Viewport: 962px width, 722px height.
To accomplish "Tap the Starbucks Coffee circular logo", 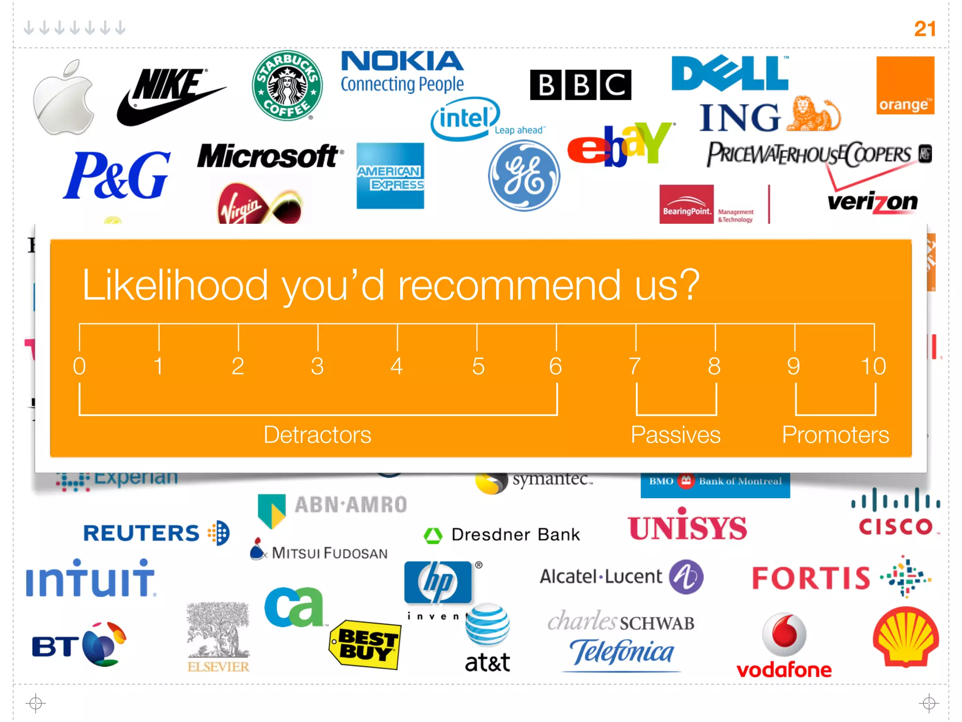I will pos(287,86).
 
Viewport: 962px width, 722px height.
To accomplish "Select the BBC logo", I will pos(581,85).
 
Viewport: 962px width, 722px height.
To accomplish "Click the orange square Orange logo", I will pos(905,86).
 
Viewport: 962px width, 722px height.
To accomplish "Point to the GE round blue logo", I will pos(524,176).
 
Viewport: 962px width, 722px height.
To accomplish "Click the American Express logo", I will pos(390,176).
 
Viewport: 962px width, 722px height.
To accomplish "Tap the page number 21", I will pos(924,29).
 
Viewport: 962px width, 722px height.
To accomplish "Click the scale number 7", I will pos(635,366).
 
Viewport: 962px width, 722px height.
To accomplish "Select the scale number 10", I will pos(873,366).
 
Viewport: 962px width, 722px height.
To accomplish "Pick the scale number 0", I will pos(79,366).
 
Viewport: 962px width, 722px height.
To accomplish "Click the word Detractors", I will pos(317,435).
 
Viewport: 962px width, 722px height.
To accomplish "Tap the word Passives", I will pos(675,435).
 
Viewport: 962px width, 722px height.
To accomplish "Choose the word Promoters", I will pos(835,435).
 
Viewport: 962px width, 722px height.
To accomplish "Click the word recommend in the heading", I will pos(509,285).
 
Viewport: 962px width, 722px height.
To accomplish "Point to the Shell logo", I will pos(906,637).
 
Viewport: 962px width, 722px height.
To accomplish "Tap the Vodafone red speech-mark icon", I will pos(784,634).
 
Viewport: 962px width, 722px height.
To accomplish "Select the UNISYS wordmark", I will pos(687,527).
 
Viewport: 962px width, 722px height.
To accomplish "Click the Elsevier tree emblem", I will pos(218,629).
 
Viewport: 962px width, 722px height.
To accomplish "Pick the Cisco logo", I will pos(896,512).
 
